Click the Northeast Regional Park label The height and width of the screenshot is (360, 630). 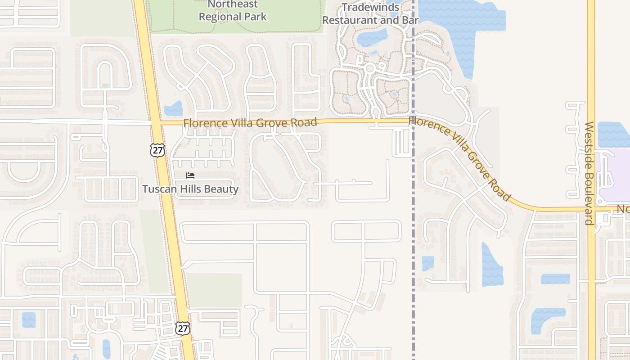pos(233,11)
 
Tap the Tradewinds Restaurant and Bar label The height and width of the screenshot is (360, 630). pos(370,13)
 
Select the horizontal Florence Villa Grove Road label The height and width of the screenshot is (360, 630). pos(250,123)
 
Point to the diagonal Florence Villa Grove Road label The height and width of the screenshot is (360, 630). pos(460,157)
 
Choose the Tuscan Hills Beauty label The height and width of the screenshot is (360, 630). pos(190,189)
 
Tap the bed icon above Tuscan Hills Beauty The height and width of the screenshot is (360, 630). pos(190,175)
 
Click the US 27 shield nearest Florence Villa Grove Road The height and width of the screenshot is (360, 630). pos(157,150)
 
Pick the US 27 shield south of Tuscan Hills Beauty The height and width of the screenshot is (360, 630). pos(183,328)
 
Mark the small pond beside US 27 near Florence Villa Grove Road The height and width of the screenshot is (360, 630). pos(173,109)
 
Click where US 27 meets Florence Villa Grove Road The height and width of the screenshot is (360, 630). pos(156,122)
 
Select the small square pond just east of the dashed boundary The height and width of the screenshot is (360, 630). pos(428,263)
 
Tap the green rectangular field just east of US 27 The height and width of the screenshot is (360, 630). pos(214,290)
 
